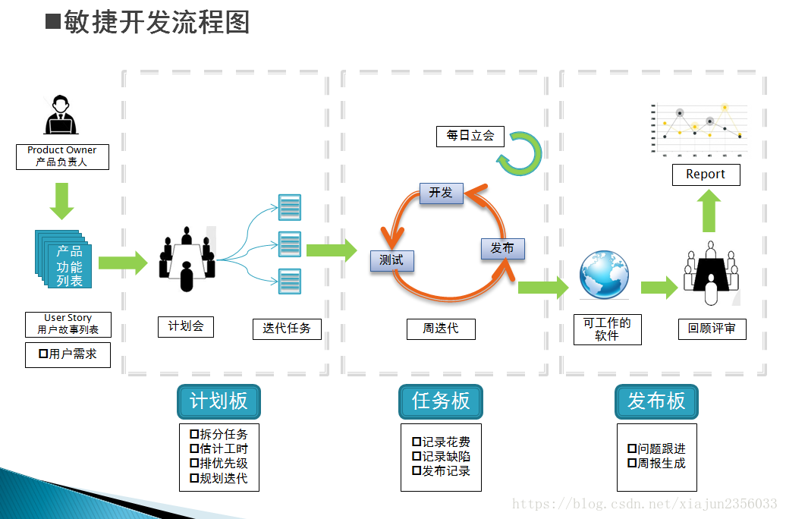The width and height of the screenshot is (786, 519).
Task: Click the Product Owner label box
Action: [x=62, y=156]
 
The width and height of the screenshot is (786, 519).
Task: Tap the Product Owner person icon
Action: [x=61, y=116]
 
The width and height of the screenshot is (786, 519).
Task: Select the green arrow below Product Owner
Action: [x=61, y=200]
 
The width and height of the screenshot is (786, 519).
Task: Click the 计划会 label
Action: [x=186, y=326]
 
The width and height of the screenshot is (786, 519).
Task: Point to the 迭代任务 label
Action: [x=287, y=329]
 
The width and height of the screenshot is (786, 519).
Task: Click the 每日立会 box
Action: [x=470, y=136]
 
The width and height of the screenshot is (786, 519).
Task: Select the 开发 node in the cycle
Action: [x=441, y=193]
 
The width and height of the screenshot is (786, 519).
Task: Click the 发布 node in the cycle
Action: [x=502, y=249]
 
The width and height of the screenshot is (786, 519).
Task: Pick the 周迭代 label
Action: [x=441, y=329]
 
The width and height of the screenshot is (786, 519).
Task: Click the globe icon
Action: [x=604, y=275]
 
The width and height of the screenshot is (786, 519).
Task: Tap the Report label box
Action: [x=706, y=175]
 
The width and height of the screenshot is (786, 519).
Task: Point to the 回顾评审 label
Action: [x=712, y=329]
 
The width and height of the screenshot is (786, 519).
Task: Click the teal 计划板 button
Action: [x=219, y=401]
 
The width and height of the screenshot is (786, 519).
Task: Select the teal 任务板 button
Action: [x=441, y=401]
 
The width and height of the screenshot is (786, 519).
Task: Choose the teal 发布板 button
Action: [x=656, y=401]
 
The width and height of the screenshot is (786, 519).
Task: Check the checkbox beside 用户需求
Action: [x=43, y=354]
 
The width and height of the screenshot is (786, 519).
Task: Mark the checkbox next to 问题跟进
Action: [x=632, y=449]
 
